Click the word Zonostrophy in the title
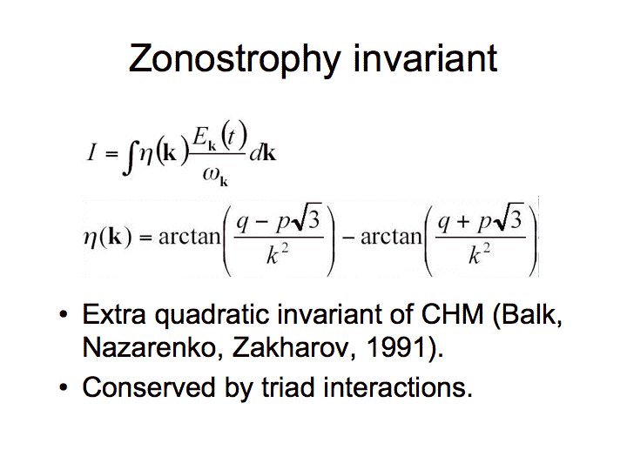tap(235, 59)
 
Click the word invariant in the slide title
tap(426, 58)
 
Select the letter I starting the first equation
tap(92, 152)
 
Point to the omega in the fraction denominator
tap(211, 174)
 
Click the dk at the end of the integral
tap(263, 152)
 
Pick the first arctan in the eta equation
tap(190, 237)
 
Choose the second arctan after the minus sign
tap(392, 237)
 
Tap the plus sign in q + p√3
tap(463, 221)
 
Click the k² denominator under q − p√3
tap(278, 254)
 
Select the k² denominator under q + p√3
tap(480, 254)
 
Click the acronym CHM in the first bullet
tap(453, 314)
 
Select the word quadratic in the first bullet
tap(212, 314)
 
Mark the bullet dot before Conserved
tap(64, 387)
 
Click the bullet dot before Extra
tap(64, 314)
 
